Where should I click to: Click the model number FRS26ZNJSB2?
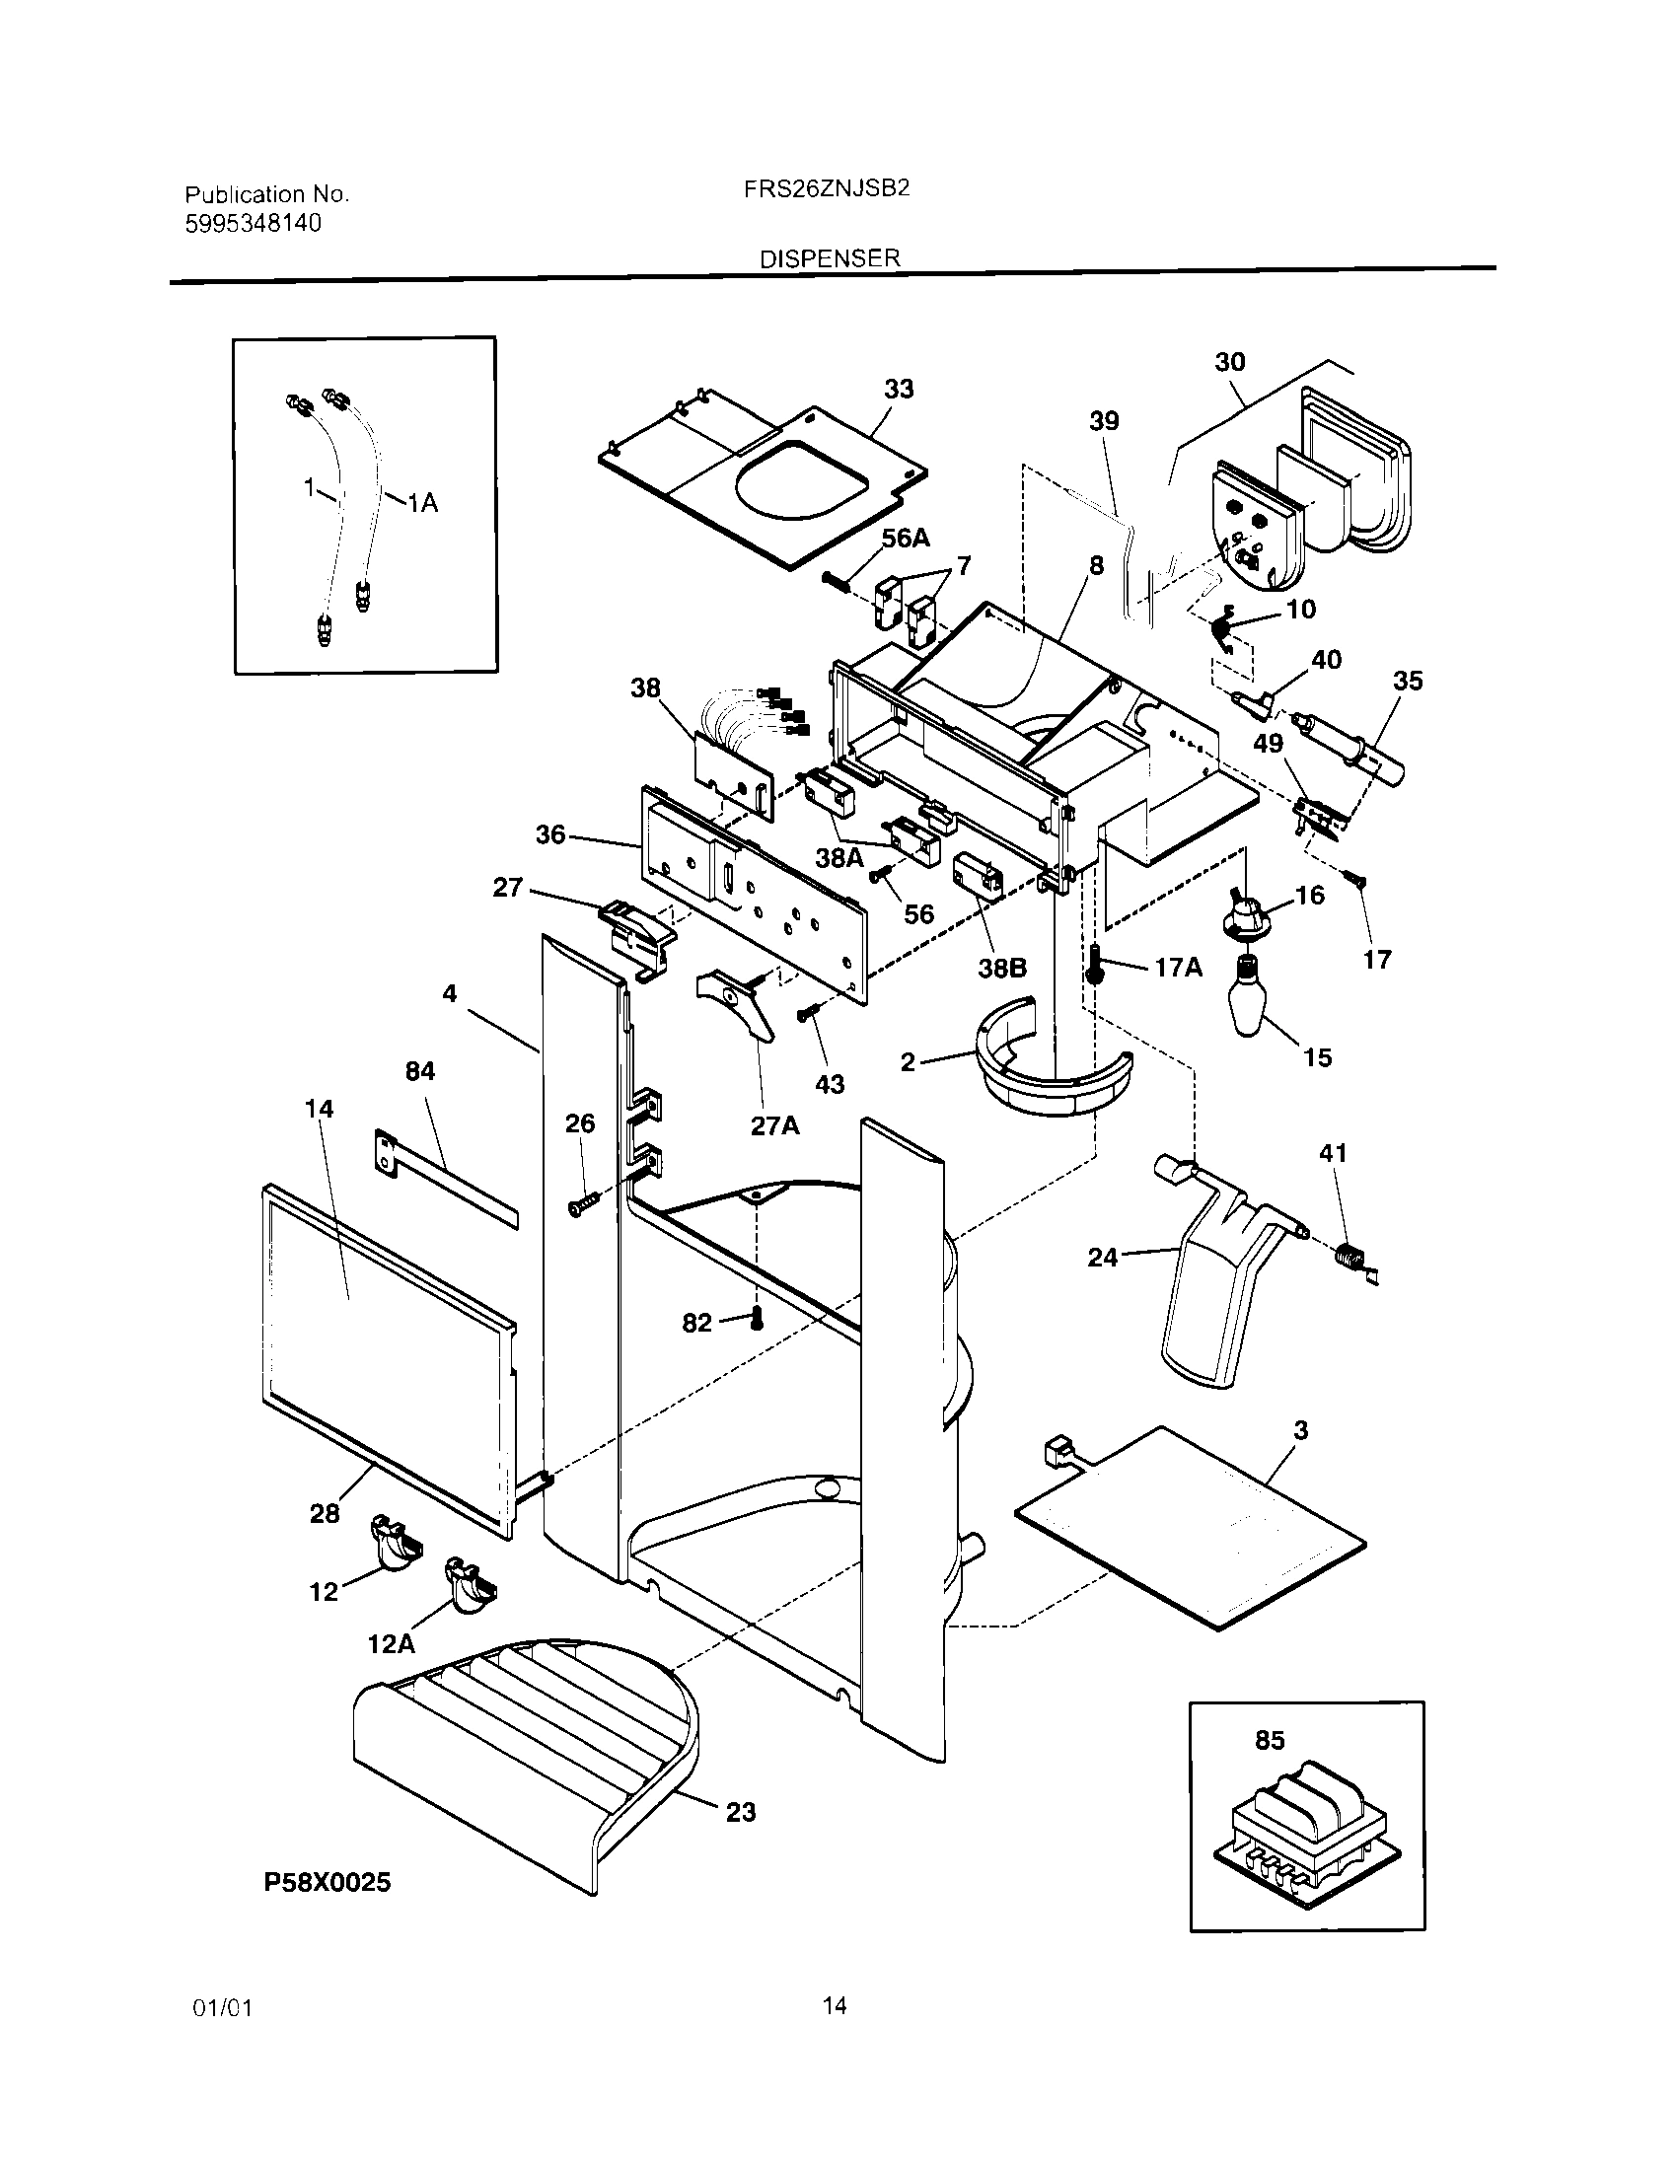[827, 188]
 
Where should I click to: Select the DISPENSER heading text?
[830, 258]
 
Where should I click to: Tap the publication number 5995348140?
[254, 223]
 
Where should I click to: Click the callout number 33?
[899, 389]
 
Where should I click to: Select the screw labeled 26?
[581, 1205]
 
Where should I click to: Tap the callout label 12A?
[391, 1643]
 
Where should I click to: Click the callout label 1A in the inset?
[423, 504]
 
